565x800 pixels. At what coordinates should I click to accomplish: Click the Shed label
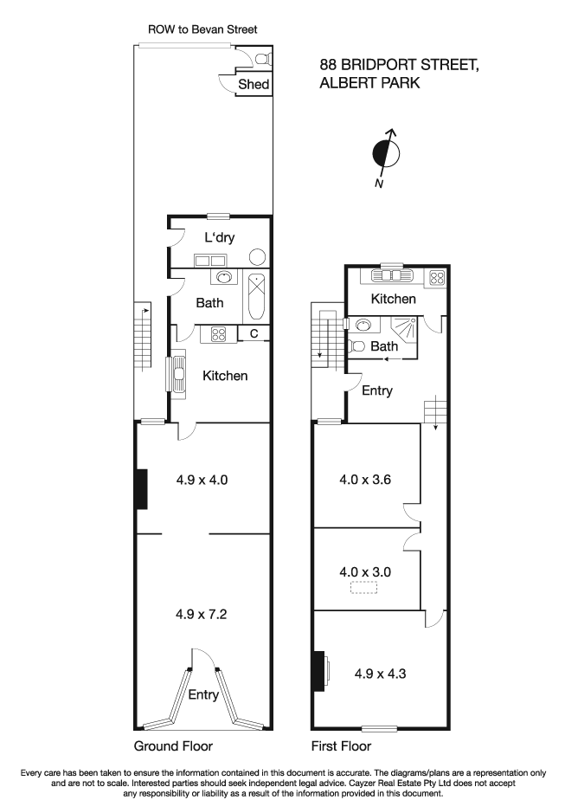(254, 85)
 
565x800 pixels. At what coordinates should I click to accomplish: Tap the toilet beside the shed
(261, 59)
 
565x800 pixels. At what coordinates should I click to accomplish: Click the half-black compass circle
(386, 154)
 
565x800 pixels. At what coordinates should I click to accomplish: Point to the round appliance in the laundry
(257, 257)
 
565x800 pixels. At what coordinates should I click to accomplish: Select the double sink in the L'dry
(209, 259)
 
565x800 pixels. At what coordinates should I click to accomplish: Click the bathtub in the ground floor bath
(257, 297)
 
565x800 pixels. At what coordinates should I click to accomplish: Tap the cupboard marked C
(254, 333)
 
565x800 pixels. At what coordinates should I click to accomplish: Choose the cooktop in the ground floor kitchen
(216, 333)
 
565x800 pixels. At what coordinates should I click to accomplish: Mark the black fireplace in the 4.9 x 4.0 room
(141, 488)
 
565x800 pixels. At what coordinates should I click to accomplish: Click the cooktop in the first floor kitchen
(436, 277)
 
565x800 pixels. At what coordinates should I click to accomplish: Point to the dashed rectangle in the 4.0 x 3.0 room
(364, 588)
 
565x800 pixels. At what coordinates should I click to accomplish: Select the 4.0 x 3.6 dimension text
(366, 479)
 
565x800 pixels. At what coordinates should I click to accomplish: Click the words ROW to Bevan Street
(202, 29)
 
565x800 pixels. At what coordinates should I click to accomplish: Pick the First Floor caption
(341, 746)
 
